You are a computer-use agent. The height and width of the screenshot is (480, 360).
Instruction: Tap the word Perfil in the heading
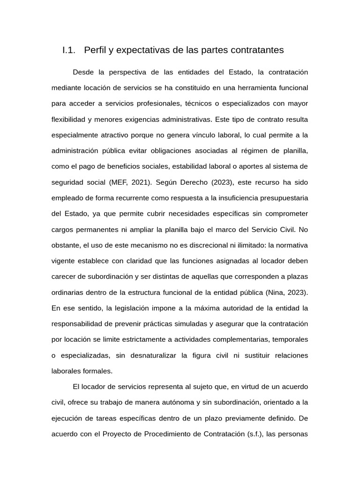tap(95, 50)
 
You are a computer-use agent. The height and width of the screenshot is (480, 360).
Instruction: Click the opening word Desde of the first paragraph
tap(83, 72)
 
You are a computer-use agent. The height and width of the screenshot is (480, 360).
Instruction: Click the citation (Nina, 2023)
tap(286, 292)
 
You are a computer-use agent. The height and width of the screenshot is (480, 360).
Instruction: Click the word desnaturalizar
tap(152, 355)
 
